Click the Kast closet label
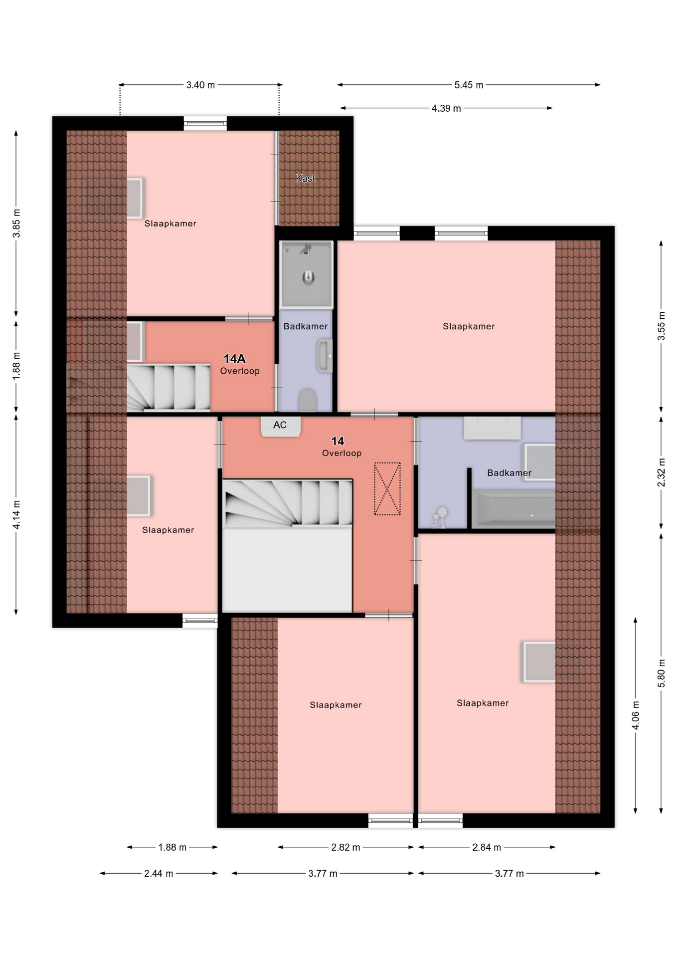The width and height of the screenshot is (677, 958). (305, 178)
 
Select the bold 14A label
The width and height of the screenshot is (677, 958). (234, 359)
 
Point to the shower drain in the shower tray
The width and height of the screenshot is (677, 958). (309, 278)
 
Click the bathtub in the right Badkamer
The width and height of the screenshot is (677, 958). (513, 509)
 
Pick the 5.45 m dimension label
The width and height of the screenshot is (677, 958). (469, 85)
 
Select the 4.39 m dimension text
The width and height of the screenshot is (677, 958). (446, 108)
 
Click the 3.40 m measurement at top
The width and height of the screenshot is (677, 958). (200, 85)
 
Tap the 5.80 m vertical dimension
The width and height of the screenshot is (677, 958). (662, 673)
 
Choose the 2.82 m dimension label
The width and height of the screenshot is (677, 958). (345, 847)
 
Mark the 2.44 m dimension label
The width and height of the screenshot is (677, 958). (159, 874)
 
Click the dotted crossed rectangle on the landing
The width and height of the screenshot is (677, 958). (387, 489)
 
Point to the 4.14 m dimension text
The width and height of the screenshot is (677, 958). (16, 515)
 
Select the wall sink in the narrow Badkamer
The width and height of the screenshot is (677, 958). (325, 356)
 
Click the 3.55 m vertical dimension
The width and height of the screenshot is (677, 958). (662, 326)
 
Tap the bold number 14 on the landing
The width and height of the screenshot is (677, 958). (338, 441)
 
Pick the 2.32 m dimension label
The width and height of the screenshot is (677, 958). (662, 472)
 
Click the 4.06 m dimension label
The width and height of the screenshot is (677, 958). (636, 715)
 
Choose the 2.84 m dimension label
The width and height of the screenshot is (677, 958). (487, 847)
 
